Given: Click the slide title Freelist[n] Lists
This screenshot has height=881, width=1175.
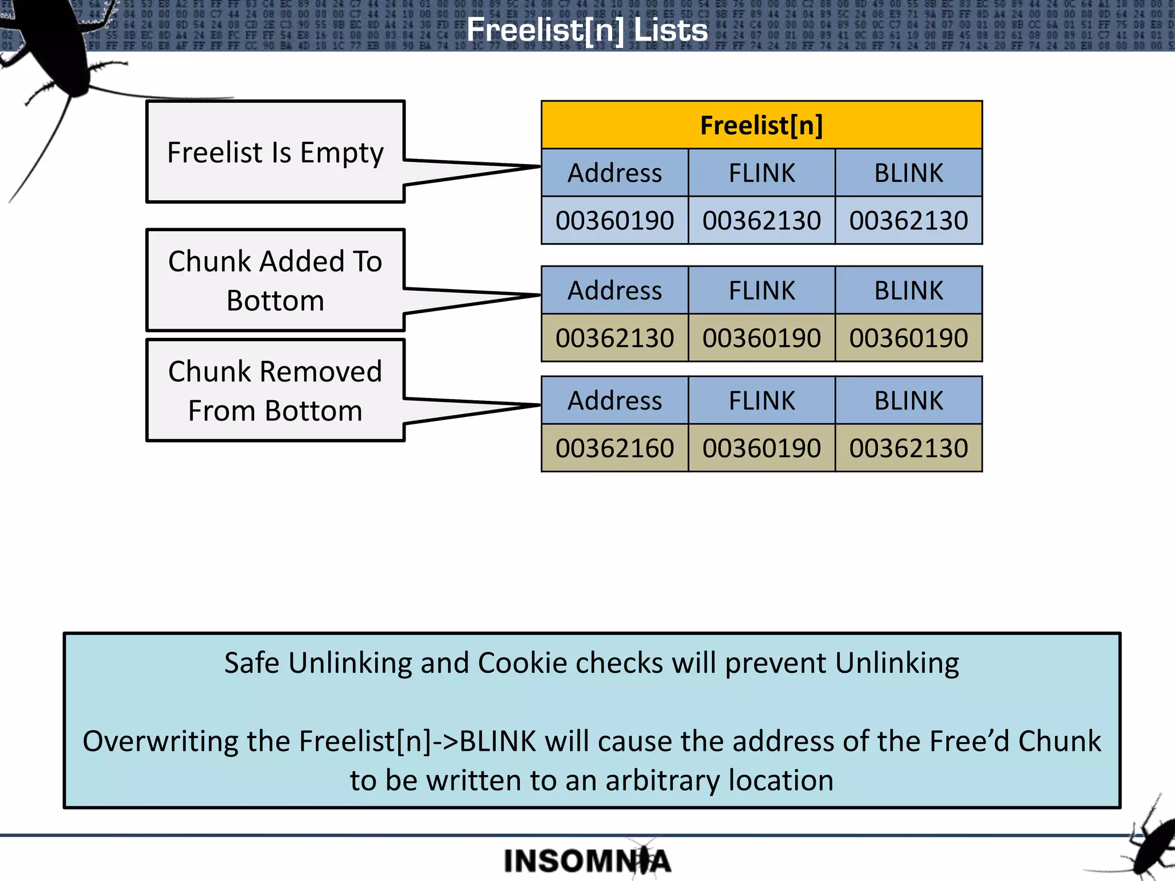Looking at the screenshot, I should tap(587, 30).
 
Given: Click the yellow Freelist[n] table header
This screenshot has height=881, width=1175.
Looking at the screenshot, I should tap(761, 125).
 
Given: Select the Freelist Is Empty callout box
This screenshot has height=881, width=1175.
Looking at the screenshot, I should tap(275, 153).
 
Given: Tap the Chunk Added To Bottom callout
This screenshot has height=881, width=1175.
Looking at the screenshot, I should tap(275, 280).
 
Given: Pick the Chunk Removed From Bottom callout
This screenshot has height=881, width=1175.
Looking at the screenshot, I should tap(275, 391).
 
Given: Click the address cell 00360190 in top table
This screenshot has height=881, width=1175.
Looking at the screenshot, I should tap(614, 221).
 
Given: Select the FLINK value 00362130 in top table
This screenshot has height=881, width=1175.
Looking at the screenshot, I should tap(761, 221).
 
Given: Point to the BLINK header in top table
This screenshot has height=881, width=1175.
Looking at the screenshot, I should tap(908, 173).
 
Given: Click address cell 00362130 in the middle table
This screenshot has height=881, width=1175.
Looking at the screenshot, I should tap(614, 338).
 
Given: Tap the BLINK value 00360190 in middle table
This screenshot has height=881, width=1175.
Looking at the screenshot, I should tap(908, 338).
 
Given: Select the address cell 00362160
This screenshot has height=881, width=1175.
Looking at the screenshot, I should tap(614, 448).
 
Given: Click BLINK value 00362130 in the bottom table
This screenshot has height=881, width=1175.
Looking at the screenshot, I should tap(908, 448).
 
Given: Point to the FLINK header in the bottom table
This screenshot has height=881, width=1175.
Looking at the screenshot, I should tap(761, 400).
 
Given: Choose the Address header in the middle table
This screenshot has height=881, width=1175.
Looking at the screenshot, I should tap(614, 290).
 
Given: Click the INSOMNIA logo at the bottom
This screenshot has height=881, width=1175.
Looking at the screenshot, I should tap(587, 861).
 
